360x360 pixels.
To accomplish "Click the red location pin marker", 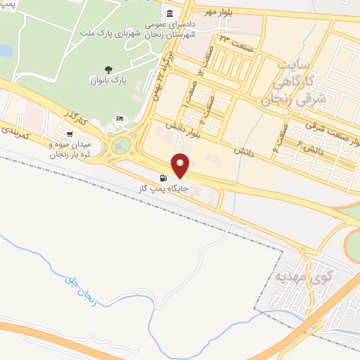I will click(181, 165).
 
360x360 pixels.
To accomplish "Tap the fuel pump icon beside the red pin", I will click(164, 179).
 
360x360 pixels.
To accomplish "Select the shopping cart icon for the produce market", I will click(69, 134).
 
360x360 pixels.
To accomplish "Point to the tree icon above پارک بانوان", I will click(108, 69).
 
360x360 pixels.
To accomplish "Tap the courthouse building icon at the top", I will click(169, 14).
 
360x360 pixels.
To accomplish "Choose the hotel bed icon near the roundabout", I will click(120, 118).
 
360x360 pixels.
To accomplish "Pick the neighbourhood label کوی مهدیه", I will click(302, 272).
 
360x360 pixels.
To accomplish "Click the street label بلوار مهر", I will click(219, 13).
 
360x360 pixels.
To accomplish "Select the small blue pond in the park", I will click(6, 50).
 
